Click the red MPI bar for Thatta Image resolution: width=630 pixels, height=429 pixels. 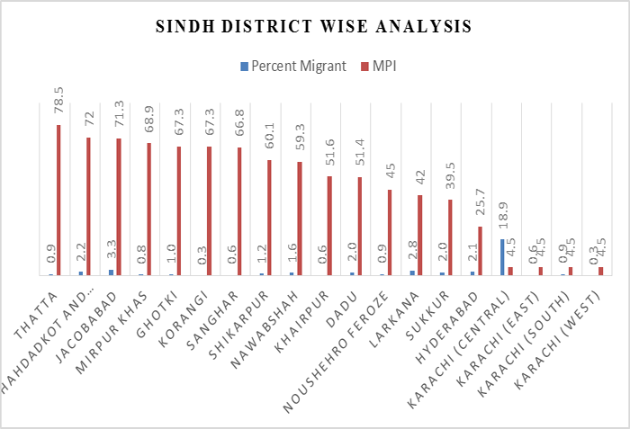point(58,200)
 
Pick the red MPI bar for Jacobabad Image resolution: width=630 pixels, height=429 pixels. point(119,207)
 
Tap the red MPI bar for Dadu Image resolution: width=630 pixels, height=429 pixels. point(360,226)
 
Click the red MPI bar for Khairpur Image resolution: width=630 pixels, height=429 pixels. point(329,225)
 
